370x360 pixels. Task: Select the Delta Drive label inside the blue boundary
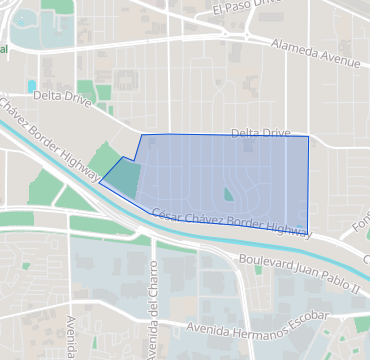[x=260, y=132]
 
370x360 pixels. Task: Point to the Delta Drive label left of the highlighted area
[x=62, y=98]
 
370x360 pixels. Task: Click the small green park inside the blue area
[x=229, y=194]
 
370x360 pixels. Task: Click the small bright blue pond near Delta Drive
[x=32, y=85]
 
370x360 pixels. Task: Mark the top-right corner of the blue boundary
[x=307, y=136]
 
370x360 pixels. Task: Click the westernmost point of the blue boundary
[x=99, y=182]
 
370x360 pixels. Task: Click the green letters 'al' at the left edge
[x=4, y=48]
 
